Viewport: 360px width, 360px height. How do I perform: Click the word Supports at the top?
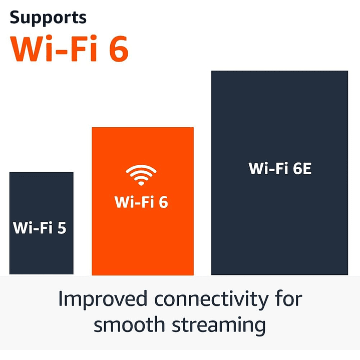48,18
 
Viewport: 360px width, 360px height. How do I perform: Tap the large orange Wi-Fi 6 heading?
70,48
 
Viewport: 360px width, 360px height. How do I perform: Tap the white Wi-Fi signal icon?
141,175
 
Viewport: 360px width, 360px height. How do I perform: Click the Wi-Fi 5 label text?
40,228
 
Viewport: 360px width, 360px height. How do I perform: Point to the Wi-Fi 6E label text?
280,169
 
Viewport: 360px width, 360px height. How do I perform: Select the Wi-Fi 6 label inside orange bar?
142,202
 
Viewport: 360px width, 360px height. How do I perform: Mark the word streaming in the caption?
218,325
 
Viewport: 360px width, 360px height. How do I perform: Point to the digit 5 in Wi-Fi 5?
62,228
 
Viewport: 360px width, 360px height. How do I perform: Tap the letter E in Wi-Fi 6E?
305,169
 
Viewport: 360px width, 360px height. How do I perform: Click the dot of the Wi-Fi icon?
141,182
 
